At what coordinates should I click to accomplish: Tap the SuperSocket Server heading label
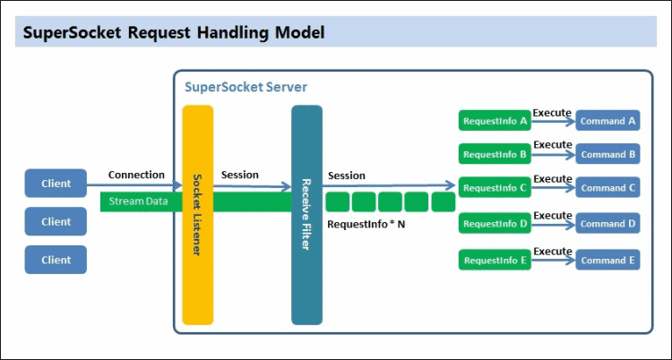[246, 87]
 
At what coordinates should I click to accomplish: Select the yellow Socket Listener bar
[198, 215]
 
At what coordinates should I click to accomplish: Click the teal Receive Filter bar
[306, 215]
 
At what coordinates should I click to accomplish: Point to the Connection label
[136, 175]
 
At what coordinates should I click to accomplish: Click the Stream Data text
[139, 201]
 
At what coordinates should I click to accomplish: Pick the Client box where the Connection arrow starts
[56, 185]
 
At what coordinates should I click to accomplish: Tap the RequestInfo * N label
[366, 224]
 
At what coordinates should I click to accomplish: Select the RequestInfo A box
[494, 120]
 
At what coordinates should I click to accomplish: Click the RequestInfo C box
[494, 188]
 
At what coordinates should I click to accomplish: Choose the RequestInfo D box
[494, 224]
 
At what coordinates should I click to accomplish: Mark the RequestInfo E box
[494, 261]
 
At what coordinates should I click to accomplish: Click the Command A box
[607, 120]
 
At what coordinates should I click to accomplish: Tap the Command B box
[607, 154]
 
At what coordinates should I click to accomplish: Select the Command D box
[607, 224]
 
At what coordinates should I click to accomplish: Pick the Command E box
[607, 261]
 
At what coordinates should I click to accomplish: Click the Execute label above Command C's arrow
[552, 179]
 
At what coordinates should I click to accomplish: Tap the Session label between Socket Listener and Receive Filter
[239, 175]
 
